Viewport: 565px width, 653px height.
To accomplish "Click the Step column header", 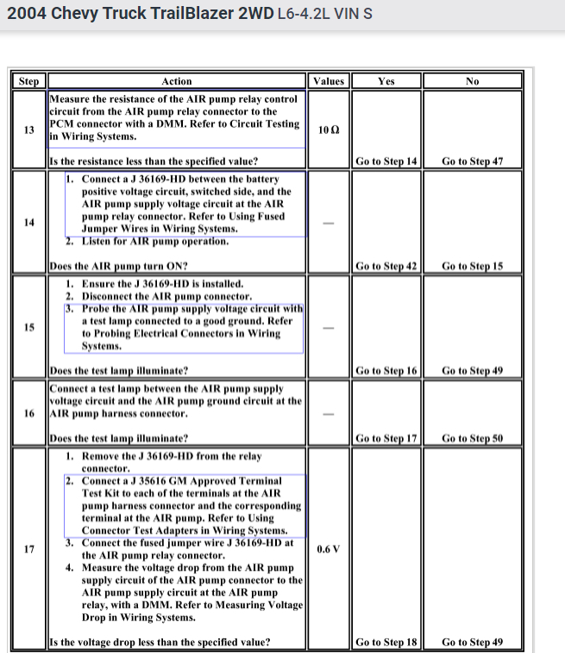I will (x=29, y=81).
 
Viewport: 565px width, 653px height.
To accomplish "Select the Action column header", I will (x=177, y=81).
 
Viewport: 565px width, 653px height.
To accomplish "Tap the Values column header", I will (x=329, y=81).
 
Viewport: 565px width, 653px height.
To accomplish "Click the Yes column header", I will (x=386, y=81).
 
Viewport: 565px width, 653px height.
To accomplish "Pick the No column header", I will (x=472, y=81).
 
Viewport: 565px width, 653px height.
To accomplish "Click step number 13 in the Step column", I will (x=29, y=130).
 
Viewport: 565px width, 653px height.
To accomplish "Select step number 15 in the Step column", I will (x=29, y=327).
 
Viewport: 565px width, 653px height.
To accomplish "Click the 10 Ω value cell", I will (x=329, y=130).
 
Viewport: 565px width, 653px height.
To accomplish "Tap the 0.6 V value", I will (x=329, y=549).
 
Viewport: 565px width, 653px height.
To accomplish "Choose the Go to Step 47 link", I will (x=472, y=161).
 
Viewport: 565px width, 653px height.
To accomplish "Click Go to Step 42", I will (x=386, y=266).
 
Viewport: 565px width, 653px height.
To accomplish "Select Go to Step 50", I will (x=472, y=438).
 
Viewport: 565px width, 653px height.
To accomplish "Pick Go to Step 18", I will (x=386, y=642).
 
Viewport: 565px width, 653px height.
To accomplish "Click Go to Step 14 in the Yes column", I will (x=386, y=161).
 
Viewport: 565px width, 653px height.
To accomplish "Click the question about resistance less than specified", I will (x=154, y=161).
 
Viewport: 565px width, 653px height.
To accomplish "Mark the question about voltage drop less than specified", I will (x=160, y=642).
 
